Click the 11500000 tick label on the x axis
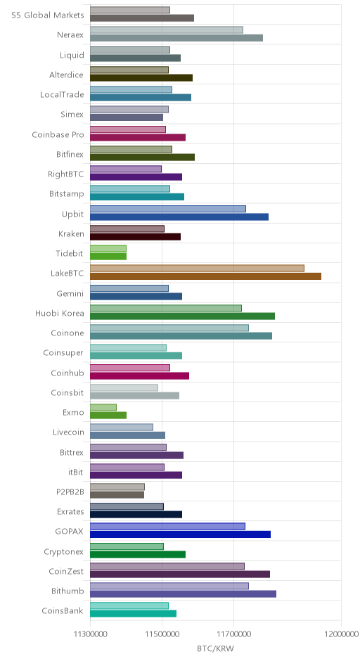tap(162, 634)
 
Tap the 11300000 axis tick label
tap(90, 634)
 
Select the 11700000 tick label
tap(233, 634)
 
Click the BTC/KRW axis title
tap(215, 648)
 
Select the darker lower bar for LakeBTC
tap(206, 276)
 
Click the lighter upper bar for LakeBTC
tap(198, 268)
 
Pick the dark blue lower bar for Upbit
tap(179, 217)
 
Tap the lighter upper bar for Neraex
tap(167, 30)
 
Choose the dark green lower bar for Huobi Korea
tap(183, 316)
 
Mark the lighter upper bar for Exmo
tap(103, 407)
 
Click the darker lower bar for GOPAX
tap(181, 534)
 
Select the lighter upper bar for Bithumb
tap(169, 586)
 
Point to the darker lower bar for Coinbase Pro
tap(138, 137)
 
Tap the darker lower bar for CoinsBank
tap(133, 613)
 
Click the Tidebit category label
tap(70, 253)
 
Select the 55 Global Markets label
tap(48, 15)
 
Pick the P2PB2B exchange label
tap(70, 492)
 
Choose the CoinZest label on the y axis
tap(66, 571)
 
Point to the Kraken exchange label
tap(71, 233)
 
